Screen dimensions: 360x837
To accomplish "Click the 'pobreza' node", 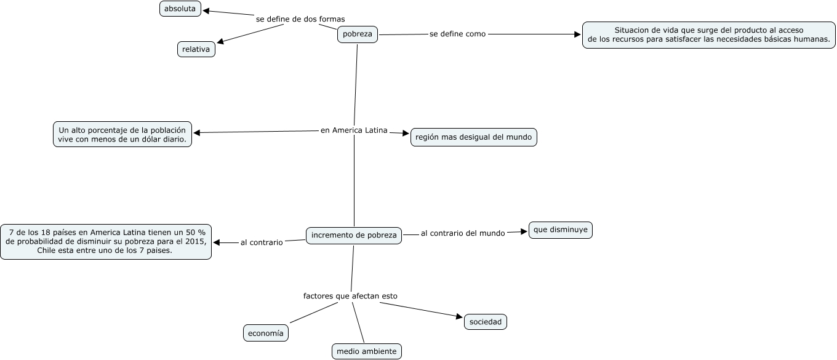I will [x=357, y=34].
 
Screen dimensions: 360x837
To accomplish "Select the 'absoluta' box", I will [x=180, y=9].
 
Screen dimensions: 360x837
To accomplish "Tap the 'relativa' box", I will [x=196, y=49].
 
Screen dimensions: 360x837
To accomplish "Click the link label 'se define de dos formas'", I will [x=300, y=19].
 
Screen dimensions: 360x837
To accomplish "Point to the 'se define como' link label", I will [x=457, y=34].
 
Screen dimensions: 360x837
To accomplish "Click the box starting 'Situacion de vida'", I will [x=708, y=34].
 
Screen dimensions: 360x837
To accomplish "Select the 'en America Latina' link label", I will [x=354, y=130].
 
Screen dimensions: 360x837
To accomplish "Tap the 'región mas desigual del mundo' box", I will [x=473, y=137].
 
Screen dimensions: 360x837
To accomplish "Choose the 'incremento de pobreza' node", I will [x=354, y=235].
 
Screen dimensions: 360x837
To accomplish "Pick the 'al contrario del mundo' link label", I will [x=463, y=233].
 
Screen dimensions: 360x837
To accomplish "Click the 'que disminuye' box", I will [x=560, y=230].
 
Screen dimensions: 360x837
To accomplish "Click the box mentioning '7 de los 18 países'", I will [x=105, y=241].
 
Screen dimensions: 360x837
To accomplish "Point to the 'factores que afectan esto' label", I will [x=350, y=296].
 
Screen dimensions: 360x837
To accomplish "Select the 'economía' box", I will [x=266, y=333].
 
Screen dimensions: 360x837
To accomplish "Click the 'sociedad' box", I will [x=485, y=322].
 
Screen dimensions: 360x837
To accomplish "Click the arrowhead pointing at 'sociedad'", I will [x=459, y=318].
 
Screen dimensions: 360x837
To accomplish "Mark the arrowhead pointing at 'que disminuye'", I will [x=524, y=231].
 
